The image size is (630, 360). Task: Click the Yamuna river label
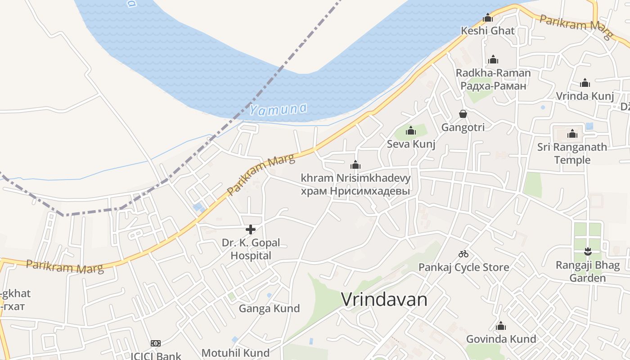278,109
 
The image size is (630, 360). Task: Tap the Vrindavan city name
384,299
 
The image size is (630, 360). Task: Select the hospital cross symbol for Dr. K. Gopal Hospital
251,229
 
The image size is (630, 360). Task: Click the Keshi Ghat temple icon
488,18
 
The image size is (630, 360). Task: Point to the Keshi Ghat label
488,31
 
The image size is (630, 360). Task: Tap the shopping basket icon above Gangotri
463,114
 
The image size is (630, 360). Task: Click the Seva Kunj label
411,144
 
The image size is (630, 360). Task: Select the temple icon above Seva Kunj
410,131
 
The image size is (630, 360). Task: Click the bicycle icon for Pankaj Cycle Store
463,254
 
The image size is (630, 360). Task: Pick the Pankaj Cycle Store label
463,267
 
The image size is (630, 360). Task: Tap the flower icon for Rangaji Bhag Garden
587,251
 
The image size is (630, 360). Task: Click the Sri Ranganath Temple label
572,153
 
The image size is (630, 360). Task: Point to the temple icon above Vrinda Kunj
585,83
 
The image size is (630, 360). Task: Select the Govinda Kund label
501,339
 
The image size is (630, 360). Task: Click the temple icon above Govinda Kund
501,326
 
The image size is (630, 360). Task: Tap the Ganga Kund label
269,309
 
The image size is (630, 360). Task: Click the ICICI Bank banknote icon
156,343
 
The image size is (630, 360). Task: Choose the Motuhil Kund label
235,353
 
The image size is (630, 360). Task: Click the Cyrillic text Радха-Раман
493,85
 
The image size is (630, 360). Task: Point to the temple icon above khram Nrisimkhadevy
355,165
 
